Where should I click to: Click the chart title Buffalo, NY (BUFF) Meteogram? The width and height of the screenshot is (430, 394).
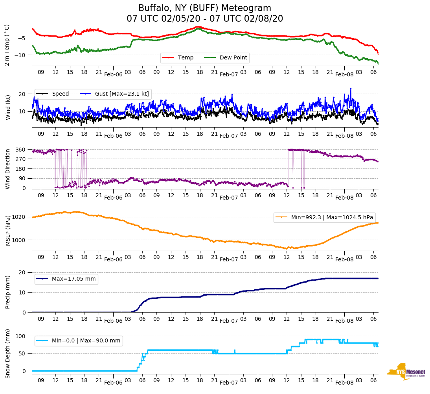(204, 8)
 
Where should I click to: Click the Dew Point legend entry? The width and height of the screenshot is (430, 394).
(233, 58)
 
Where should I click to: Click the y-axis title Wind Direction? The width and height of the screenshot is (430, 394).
(8, 169)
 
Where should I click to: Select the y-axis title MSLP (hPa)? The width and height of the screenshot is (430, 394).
(8, 231)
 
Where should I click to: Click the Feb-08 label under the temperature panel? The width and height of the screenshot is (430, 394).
(344, 75)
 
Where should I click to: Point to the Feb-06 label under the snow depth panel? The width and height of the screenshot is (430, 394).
(113, 383)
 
